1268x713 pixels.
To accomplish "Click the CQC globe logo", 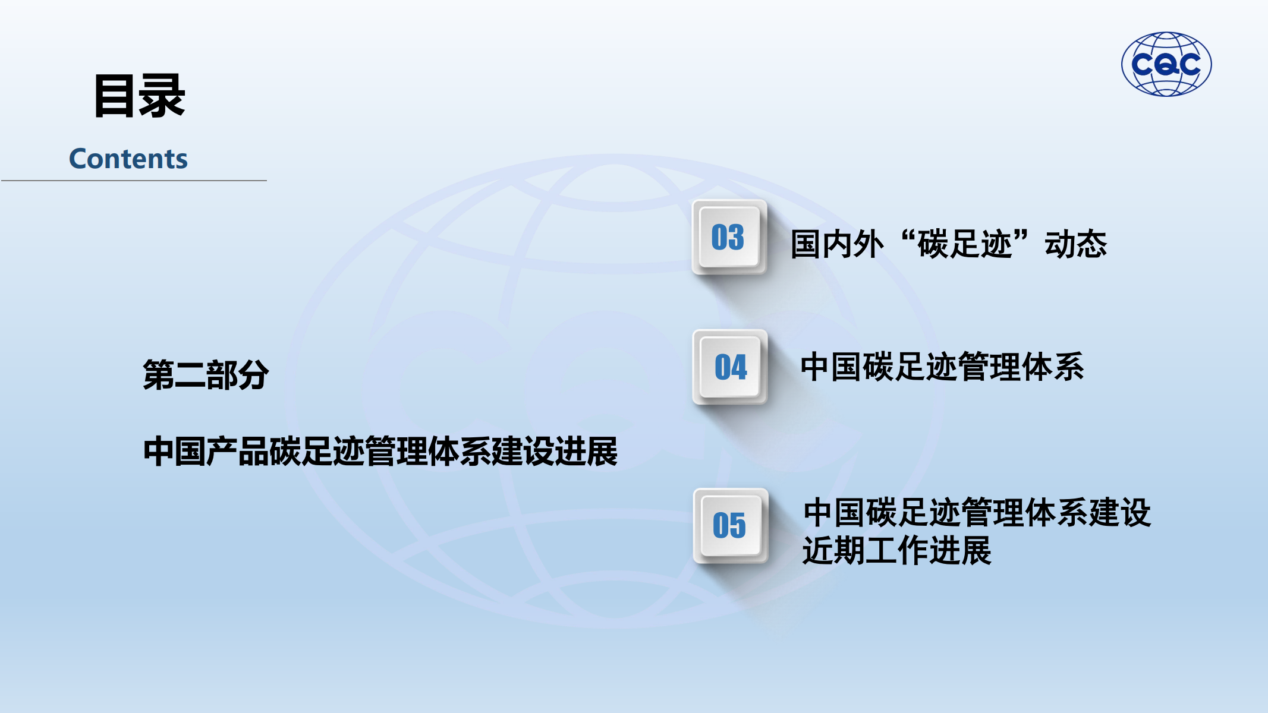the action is tap(1166, 64).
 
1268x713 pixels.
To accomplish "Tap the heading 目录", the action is tap(139, 96).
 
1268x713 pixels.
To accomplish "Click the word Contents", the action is tap(128, 159).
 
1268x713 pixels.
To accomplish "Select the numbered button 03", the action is tap(729, 237).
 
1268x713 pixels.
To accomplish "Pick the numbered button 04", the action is tap(730, 367).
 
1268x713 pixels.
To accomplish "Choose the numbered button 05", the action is tap(731, 525).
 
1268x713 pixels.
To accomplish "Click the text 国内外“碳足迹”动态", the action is tap(949, 244).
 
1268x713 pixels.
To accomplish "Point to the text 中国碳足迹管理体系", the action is tap(942, 367).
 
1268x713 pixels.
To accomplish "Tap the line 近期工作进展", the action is tap(897, 550).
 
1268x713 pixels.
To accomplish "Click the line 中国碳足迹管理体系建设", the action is tap(977, 513).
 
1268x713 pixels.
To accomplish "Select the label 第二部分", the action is tap(206, 375).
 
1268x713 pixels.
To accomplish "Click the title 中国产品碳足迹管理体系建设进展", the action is tap(380, 452).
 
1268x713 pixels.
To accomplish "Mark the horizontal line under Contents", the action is tap(134, 181).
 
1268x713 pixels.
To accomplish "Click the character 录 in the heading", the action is tap(162, 96).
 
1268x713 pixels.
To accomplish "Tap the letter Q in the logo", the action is tap(1167, 65).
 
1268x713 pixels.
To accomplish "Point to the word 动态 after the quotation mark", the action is tap(1076, 244).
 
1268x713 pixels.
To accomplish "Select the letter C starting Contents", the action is tap(79, 159).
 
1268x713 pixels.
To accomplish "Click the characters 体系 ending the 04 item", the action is tap(1053, 367).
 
